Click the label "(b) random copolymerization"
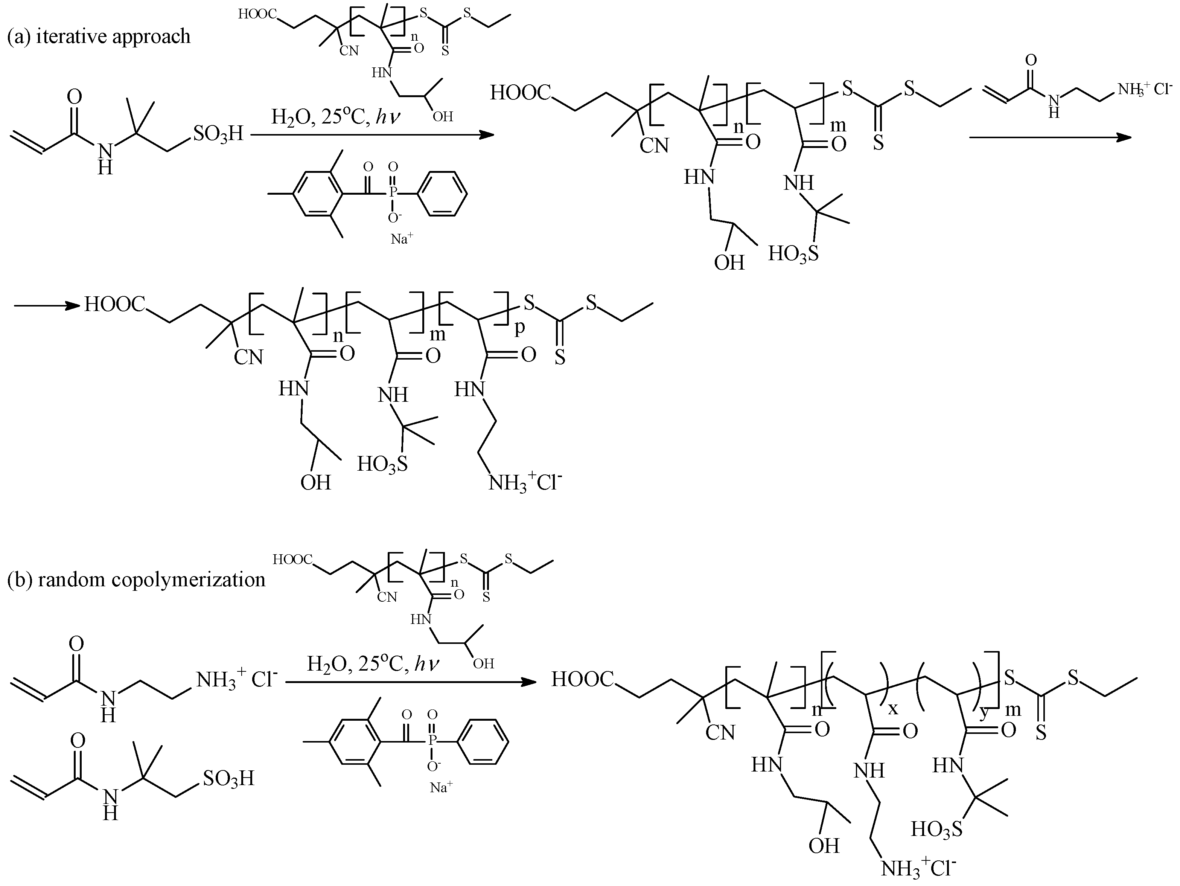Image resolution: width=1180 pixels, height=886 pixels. click(x=136, y=579)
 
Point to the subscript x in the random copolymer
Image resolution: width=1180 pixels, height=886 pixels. click(x=892, y=708)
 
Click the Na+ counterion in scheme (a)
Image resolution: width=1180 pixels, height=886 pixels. click(x=402, y=239)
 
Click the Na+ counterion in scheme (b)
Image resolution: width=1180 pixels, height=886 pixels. click(x=441, y=787)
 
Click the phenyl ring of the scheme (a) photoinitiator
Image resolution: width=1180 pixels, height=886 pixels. click(x=442, y=194)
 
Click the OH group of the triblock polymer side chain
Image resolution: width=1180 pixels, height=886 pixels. click(x=315, y=482)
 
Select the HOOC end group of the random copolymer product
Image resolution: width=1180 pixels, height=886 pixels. click(x=583, y=679)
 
